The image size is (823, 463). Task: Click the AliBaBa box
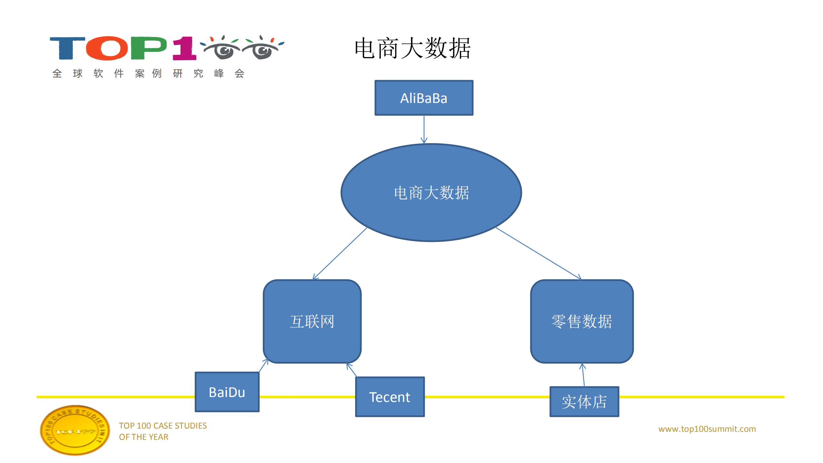pyautogui.click(x=424, y=98)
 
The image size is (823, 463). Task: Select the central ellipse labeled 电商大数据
pyautogui.click(x=431, y=192)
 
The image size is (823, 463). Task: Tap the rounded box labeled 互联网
pyautogui.click(x=312, y=321)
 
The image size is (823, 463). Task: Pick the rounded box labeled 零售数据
pyautogui.click(x=581, y=321)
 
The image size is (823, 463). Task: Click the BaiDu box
pyautogui.click(x=227, y=392)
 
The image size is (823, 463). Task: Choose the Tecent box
pyautogui.click(x=389, y=397)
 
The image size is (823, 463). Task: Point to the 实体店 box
pyautogui.click(x=584, y=402)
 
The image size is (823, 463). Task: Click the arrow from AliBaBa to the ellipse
pyautogui.click(x=424, y=129)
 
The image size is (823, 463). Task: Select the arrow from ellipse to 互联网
pyautogui.click(x=340, y=253)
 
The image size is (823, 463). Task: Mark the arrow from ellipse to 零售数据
pyautogui.click(x=538, y=253)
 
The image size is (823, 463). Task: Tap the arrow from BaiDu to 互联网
pyautogui.click(x=263, y=366)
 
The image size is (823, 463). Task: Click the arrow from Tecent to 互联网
pyautogui.click(x=352, y=370)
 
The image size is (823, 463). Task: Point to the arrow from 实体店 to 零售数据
pyautogui.click(x=583, y=375)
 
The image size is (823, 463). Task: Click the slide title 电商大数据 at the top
pyautogui.click(x=412, y=48)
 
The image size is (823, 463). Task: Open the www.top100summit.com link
pyautogui.click(x=707, y=429)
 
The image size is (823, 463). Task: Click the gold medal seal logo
pyautogui.click(x=75, y=430)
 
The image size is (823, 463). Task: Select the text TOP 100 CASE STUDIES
pyautogui.click(x=163, y=425)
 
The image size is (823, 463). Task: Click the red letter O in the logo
pyautogui.click(x=107, y=48)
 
